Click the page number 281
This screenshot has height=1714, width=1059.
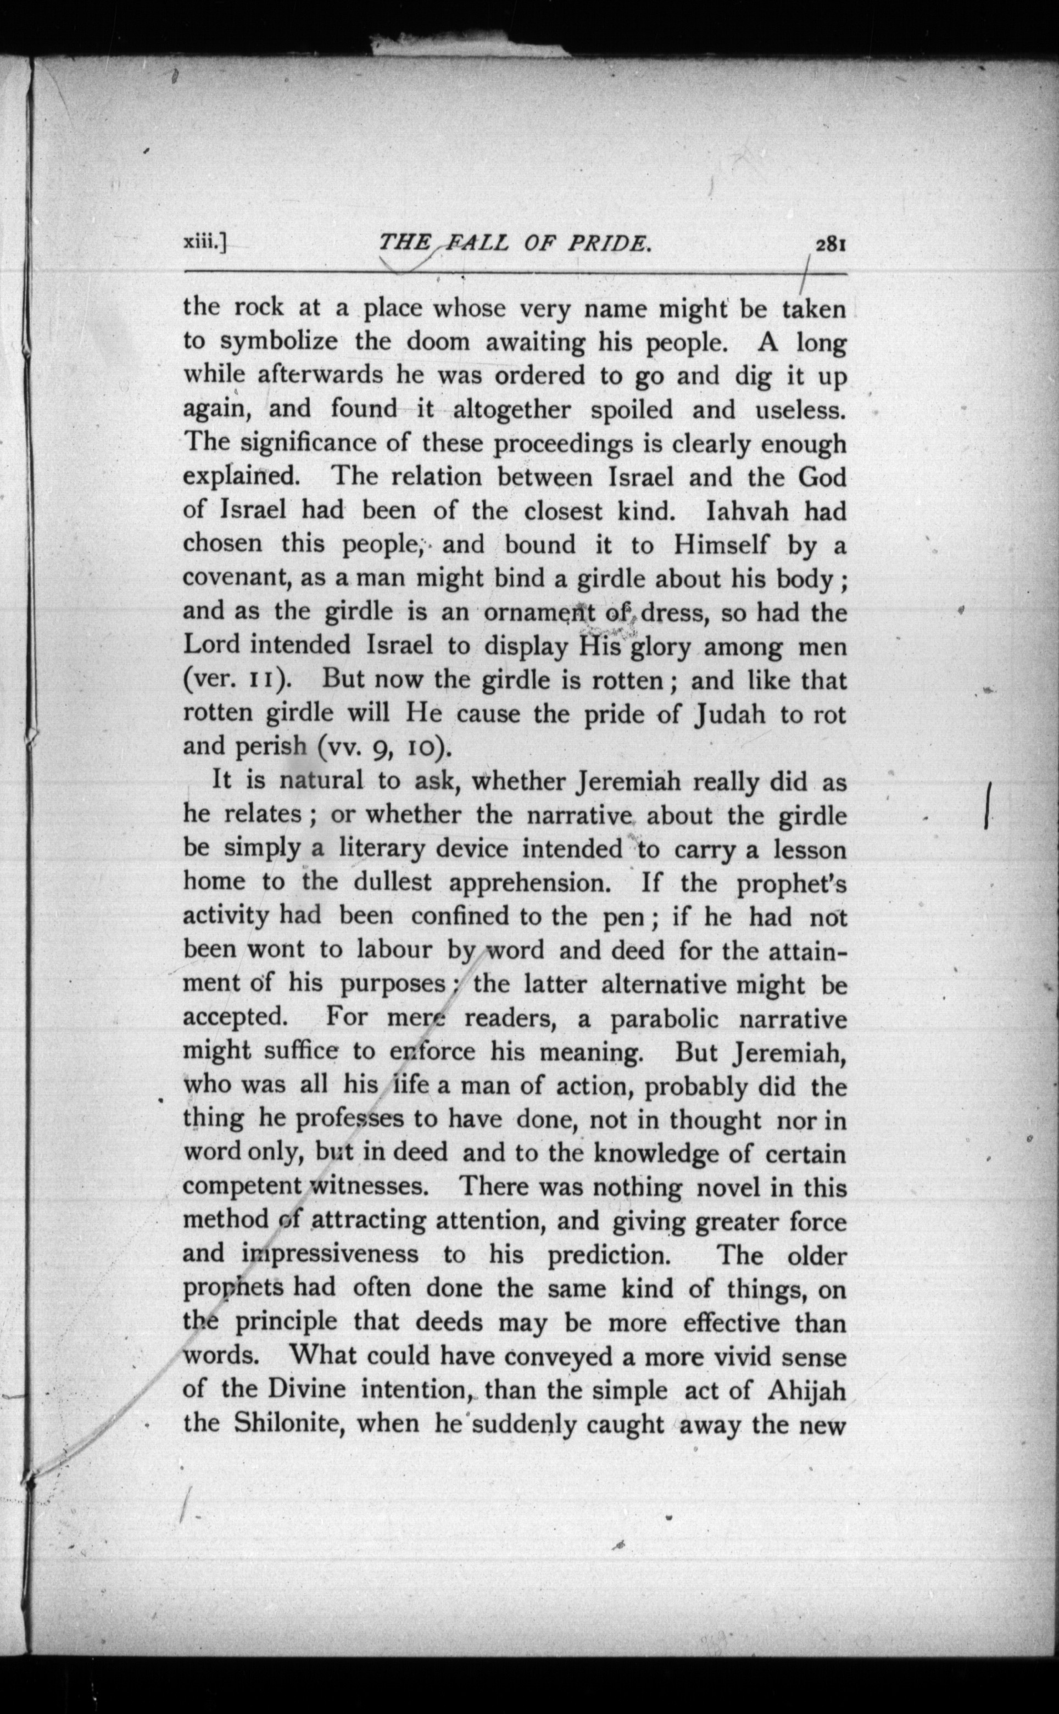pos(831,244)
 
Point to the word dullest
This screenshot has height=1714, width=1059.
pos(392,883)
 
